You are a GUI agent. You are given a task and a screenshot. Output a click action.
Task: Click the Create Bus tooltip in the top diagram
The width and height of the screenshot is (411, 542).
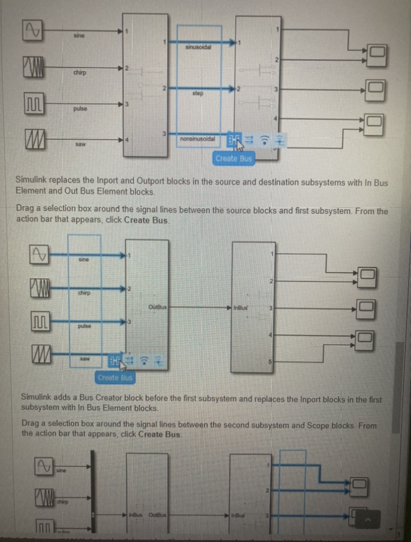coord(234,158)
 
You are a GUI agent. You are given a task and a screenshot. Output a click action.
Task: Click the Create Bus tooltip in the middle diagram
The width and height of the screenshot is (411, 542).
coord(115,378)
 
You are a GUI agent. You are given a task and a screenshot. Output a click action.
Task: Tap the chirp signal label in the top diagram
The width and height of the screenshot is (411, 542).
coord(79,72)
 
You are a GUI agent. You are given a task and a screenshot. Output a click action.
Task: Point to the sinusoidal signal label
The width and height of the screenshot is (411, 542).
coord(199,48)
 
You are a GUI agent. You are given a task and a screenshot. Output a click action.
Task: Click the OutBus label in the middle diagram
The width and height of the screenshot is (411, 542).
coord(157,307)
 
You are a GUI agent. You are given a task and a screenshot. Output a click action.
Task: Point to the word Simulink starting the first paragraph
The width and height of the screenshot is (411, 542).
coord(32,180)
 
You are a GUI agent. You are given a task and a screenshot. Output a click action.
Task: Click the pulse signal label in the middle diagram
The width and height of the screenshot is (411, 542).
coord(84,326)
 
